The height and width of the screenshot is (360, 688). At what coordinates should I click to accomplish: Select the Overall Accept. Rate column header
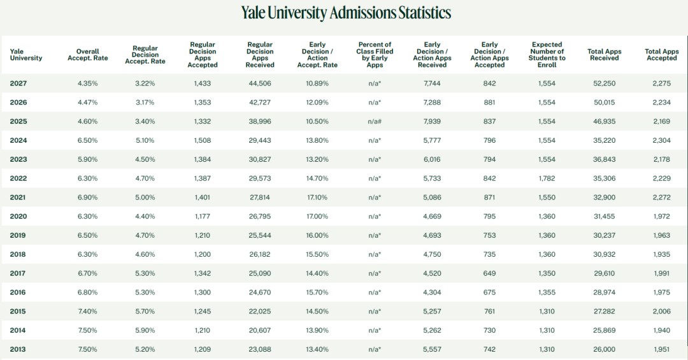pos(88,55)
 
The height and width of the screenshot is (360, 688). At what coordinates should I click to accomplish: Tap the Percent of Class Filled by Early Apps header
pos(375,55)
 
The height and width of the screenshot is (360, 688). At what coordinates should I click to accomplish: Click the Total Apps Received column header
pos(604,55)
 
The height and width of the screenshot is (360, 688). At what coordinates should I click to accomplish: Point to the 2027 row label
pos(18,83)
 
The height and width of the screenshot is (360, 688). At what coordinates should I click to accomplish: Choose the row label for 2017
pos(18,273)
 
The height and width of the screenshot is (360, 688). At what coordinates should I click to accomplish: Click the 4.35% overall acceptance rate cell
pos(88,83)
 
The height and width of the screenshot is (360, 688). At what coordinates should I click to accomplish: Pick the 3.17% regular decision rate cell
pos(145,103)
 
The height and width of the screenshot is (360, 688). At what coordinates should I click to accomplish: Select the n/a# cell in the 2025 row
pos(375,122)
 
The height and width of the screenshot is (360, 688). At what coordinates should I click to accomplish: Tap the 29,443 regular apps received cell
pos(260,141)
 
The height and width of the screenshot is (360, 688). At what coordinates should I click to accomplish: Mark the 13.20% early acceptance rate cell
pos(317,159)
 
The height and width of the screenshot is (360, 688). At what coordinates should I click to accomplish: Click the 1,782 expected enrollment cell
pos(547,178)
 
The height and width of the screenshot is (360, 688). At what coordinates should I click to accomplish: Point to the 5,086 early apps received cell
pos(432,198)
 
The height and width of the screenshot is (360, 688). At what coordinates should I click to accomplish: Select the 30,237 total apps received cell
pos(604,235)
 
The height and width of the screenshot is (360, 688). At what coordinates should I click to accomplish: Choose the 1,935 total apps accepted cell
pos(661,254)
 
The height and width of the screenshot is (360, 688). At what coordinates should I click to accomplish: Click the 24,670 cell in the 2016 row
pos(260,292)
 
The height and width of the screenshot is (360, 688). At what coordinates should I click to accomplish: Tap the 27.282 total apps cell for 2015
pos(604,312)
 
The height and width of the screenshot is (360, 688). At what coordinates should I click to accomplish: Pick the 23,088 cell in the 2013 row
pos(260,349)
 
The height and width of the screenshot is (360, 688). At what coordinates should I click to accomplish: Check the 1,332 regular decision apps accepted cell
pos(203,122)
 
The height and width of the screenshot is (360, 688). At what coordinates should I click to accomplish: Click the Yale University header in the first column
pos(26,55)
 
